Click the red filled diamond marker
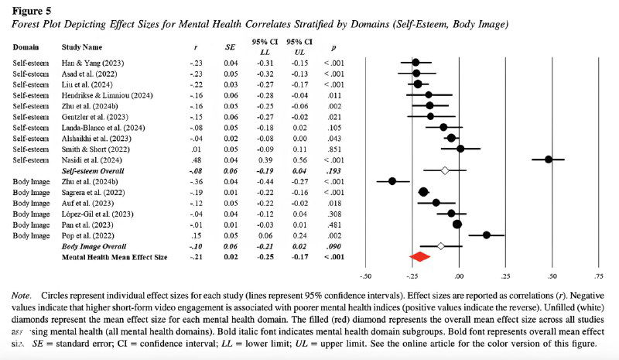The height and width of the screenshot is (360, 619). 419,256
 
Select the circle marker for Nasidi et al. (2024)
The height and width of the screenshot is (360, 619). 549,159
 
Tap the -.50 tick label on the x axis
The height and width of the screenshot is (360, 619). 366,275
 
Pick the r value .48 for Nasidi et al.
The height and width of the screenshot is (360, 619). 196,159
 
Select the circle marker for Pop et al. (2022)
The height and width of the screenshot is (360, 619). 487,235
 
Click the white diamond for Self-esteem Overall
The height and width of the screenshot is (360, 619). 444,170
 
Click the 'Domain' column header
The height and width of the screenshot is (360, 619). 26,46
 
